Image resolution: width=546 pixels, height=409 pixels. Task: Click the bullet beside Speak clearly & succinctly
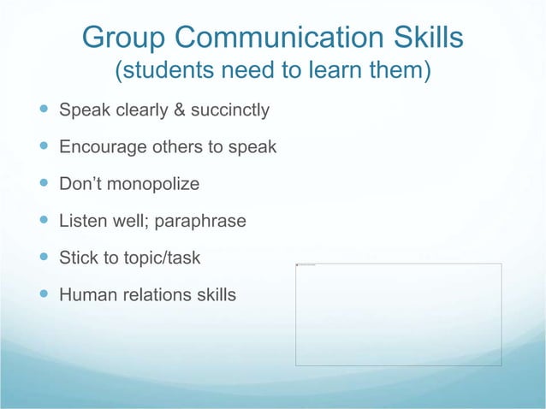point(43,110)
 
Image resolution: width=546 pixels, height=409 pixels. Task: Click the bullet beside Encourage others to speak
point(43,147)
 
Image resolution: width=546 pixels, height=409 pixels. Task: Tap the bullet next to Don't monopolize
point(43,184)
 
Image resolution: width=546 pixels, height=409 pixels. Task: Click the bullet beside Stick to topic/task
point(43,258)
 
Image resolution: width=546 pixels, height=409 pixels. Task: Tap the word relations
point(154,296)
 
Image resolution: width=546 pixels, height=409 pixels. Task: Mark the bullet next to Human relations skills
point(43,296)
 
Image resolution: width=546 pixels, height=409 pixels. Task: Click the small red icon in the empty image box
point(298,265)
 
